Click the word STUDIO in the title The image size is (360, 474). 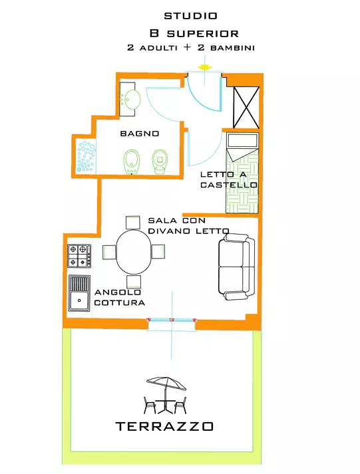(190, 16)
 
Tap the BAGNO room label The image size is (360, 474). (140, 134)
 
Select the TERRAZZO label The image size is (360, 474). (164, 426)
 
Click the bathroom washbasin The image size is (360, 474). (132, 99)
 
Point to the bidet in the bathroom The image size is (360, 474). (132, 162)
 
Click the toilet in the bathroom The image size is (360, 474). (160, 162)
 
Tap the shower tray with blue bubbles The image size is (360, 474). (87, 157)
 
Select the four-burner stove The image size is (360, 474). (79, 256)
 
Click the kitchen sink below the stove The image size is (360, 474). (79, 293)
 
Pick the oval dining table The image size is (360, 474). (134, 252)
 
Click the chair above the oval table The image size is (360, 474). (133, 223)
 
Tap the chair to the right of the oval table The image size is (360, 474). (158, 251)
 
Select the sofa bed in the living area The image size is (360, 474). (237, 267)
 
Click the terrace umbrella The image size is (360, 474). (166, 384)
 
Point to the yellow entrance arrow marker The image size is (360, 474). (205, 67)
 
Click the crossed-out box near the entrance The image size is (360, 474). (246, 107)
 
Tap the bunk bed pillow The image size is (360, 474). (243, 140)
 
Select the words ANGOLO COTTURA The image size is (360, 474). (120, 297)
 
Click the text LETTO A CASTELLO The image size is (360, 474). (229, 179)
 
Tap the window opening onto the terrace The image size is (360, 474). (172, 320)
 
